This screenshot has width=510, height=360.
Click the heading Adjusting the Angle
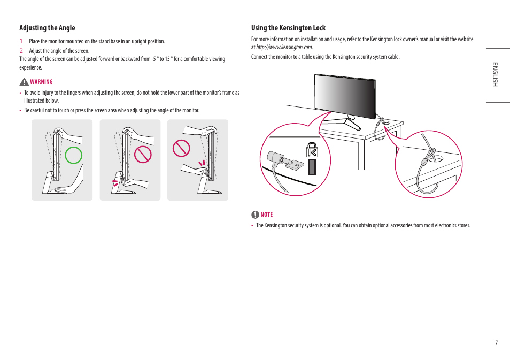[x=47, y=28]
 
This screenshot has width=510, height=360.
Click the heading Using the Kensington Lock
[x=288, y=28]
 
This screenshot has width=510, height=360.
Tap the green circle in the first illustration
[x=74, y=155]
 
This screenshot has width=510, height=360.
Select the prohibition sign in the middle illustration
[x=143, y=155]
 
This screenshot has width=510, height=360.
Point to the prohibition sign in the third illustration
[x=181, y=148]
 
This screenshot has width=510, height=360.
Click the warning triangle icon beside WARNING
[x=24, y=82]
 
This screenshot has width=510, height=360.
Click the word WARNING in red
[x=41, y=82]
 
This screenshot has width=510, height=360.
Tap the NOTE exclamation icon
[x=255, y=215]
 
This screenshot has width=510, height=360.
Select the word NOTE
[x=266, y=215]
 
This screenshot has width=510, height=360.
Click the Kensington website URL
[x=284, y=48]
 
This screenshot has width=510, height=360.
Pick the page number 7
[x=496, y=343]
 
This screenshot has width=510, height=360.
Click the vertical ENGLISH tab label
[x=496, y=74]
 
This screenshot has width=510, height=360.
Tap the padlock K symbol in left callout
[x=312, y=150]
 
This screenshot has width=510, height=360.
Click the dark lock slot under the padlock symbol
[x=312, y=167]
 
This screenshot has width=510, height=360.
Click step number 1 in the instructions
[x=21, y=41]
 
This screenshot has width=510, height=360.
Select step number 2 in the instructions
[x=21, y=51]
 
